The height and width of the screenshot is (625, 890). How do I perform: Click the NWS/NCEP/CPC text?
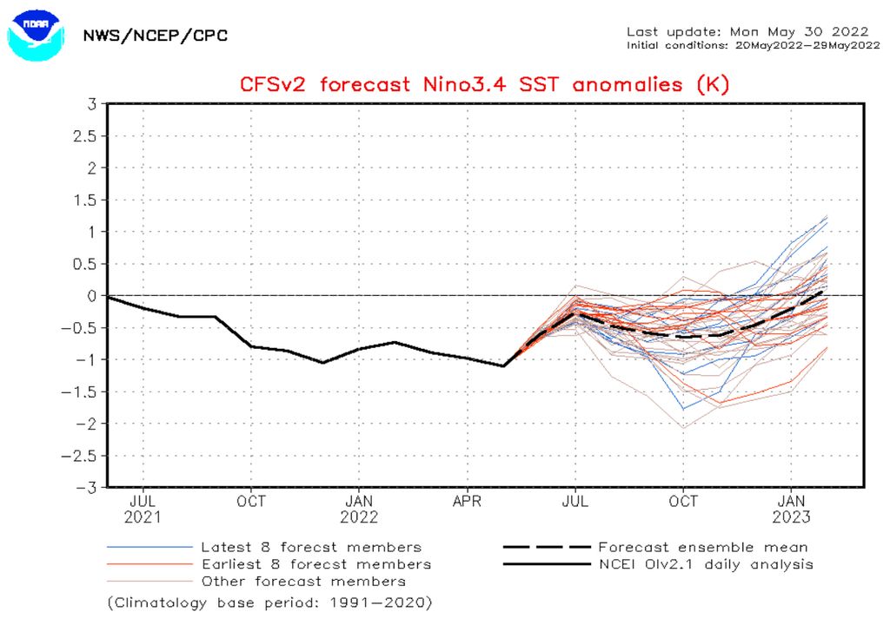point(155,36)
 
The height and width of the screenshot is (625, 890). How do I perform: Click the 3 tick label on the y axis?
point(90,104)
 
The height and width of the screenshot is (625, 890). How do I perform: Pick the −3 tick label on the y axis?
point(87,488)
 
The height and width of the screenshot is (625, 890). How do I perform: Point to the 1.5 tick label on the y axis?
point(84,201)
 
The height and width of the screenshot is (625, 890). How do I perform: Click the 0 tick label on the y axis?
point(90,296)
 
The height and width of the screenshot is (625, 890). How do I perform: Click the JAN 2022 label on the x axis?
point(359,509)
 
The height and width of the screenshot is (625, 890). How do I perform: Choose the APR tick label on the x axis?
point(468,501)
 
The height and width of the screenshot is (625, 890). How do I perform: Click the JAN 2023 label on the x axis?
point(791,509)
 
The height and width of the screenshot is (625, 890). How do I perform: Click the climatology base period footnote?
point(269,602)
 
